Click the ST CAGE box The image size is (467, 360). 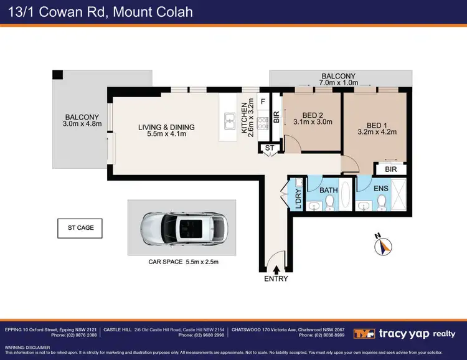pos(80,228)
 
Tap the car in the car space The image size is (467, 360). pos(182,227)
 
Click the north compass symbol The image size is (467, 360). pos(382,247)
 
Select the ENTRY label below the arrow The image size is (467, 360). pos(276,278)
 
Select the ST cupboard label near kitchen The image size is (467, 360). pos(270,148)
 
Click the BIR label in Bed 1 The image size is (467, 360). pos(391,169)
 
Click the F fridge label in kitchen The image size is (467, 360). pos(263,101)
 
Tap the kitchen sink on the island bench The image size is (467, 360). pos(229,118)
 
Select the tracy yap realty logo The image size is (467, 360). pos(405,334)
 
